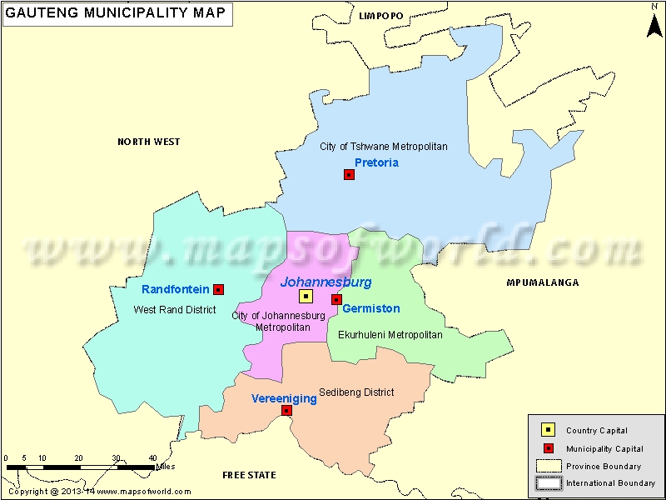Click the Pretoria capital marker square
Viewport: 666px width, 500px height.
click(349, 174)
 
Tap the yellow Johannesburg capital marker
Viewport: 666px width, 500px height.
click(306, 296)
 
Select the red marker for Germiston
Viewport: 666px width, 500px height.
click(336, 299)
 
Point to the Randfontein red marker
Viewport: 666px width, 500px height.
click(218, 289)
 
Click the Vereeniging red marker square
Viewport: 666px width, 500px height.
click(286, 410)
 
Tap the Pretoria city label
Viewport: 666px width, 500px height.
click(376, 162)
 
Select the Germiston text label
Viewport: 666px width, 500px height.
click(371, 308)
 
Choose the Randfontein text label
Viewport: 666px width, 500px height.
click(175, 289)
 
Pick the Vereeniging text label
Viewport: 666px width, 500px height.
click(284, 398)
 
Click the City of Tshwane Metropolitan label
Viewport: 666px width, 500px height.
click(384, 147)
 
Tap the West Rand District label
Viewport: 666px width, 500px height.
click(175, 310)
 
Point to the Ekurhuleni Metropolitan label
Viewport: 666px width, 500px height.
click(390, 335)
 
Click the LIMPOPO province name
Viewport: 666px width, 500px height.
click(380, 16)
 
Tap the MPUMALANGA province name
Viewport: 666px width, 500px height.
click(542, 283)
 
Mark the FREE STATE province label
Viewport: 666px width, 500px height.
click(249, 475)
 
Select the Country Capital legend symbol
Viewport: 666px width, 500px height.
click(548, 430)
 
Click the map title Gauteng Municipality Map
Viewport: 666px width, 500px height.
click(116, 14)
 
